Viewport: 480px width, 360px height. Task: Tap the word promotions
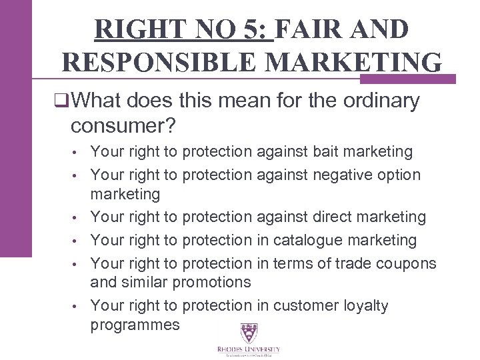point(212,282)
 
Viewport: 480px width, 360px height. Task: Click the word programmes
point(135,325)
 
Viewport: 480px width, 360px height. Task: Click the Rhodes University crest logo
point(248,333)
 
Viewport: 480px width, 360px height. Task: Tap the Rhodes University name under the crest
point(248,349)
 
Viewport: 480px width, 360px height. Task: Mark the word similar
point(145,282)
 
